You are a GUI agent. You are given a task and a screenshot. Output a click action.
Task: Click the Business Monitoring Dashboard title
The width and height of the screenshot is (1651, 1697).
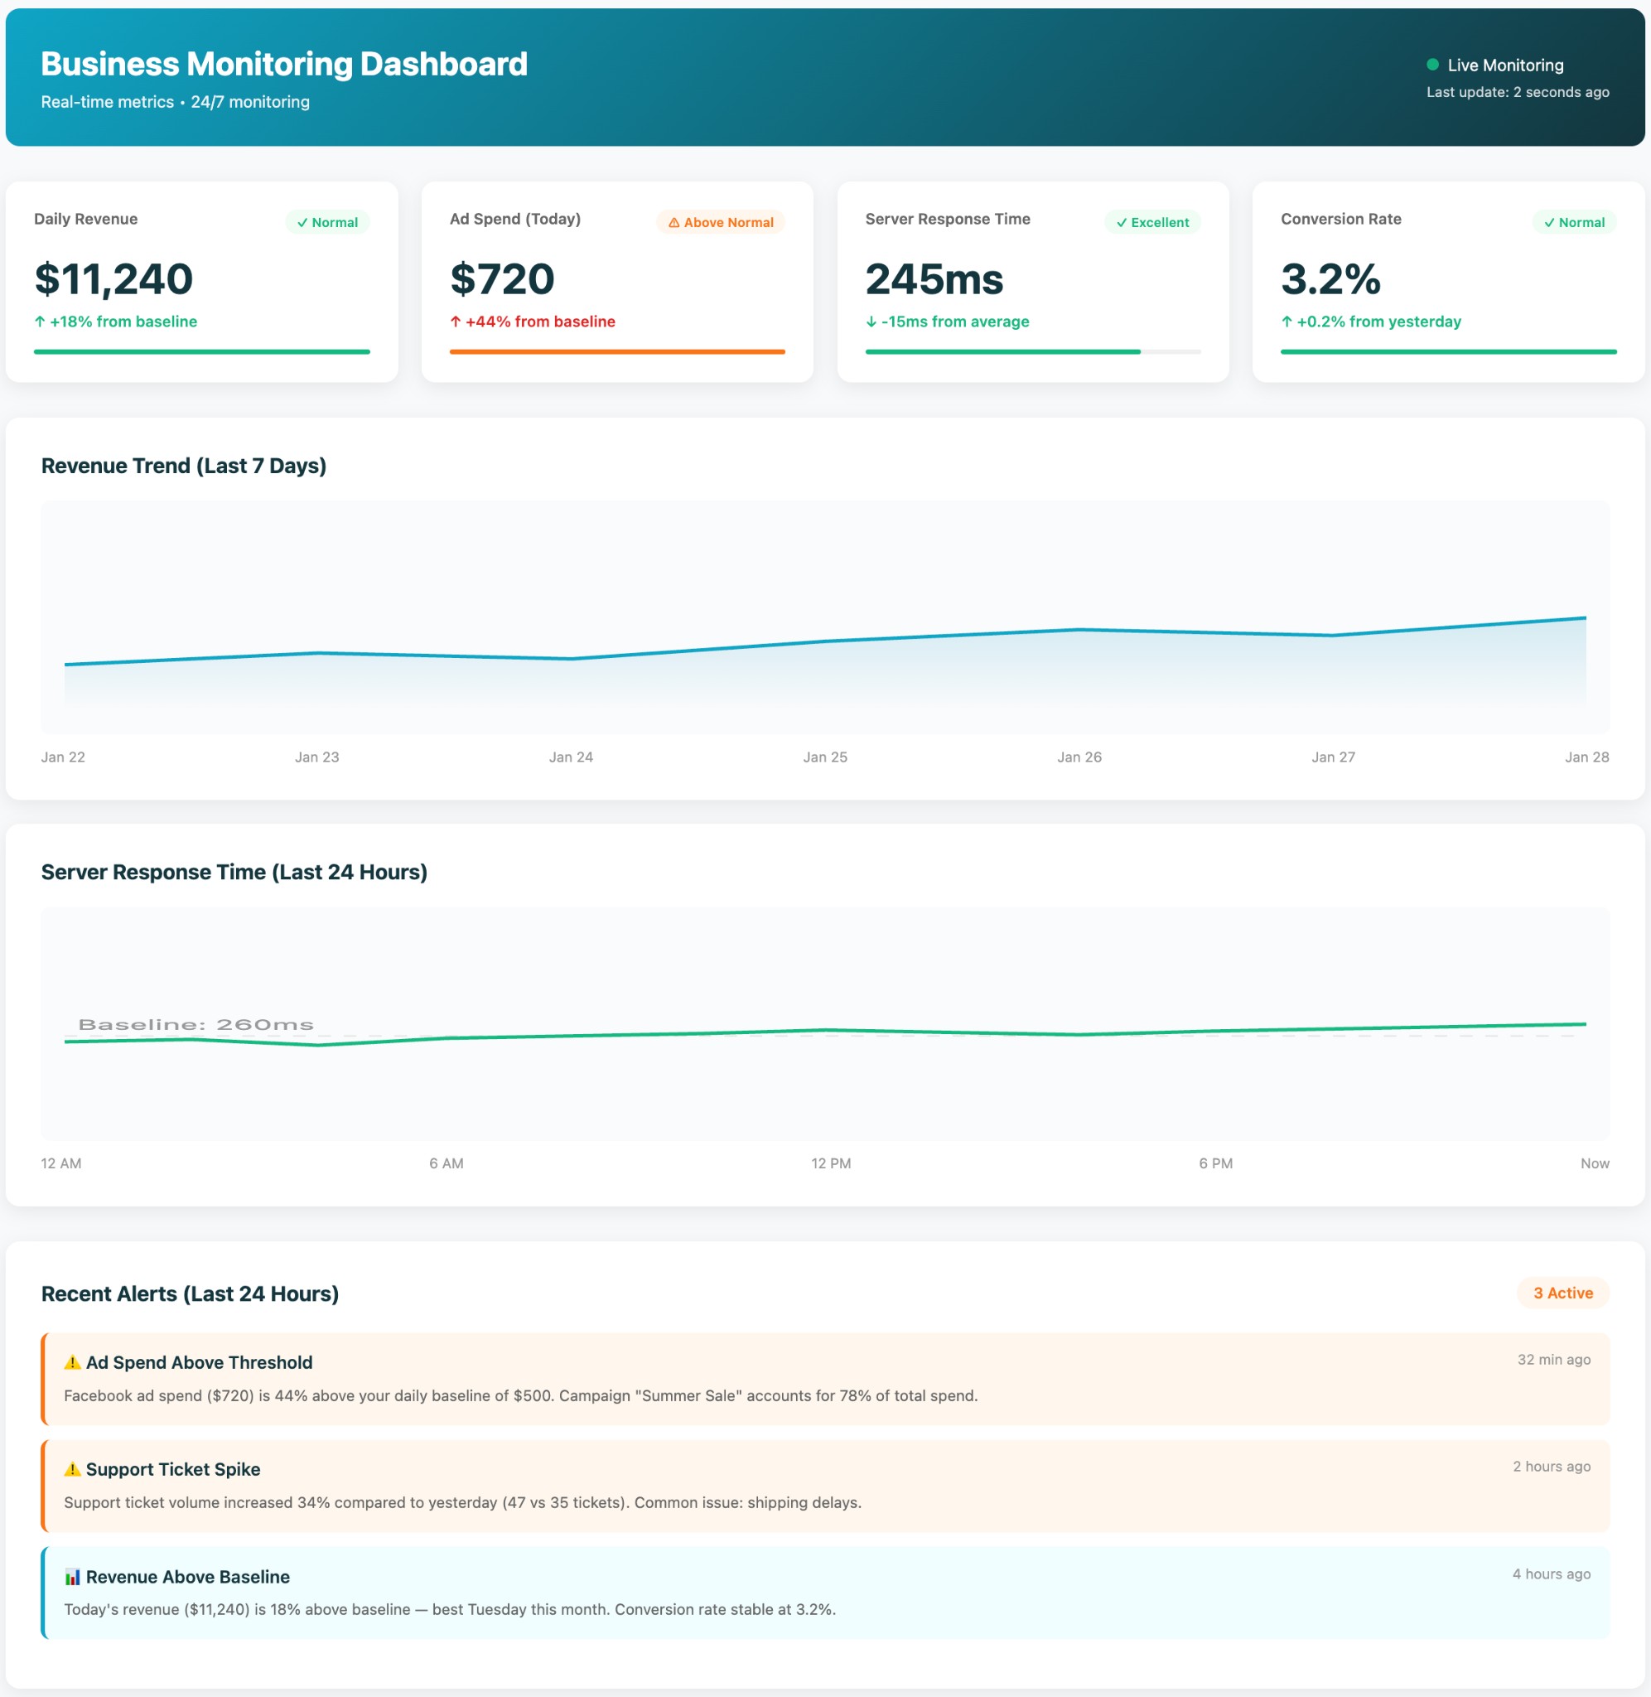[x=283, y=64]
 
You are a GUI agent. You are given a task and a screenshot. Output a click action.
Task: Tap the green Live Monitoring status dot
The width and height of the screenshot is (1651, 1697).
[x=1432, y=64]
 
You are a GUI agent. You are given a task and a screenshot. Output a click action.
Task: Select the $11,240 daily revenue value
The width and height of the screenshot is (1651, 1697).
[x=113, y=279]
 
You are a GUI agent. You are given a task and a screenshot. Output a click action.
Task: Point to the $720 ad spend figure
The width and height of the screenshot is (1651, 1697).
[x=502, y=279]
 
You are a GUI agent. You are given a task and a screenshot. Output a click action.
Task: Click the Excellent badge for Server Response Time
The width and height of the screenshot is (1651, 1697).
[x=1151, y=222]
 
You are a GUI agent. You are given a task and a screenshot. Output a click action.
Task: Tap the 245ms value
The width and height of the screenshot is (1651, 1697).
[x=934, y=279]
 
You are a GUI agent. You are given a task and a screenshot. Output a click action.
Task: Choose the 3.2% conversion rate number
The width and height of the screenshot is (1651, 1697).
[x=1330, y=279]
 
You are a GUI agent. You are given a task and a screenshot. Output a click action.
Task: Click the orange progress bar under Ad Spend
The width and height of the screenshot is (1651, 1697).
[x=616, y=351]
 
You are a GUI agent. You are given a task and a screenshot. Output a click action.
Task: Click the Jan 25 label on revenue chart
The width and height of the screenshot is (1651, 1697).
[x=824, y=757]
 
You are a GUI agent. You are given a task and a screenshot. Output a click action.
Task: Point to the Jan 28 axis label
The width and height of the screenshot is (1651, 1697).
[x=1586, y=757]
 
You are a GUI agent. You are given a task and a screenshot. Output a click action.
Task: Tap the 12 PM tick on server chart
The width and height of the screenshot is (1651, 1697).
[x=831, y=1163]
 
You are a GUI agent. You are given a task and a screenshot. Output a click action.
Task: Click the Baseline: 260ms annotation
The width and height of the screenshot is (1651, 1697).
[x=196, y=1024]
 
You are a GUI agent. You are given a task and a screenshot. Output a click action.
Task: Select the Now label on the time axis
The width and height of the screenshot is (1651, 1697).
[x=1594, y=1163]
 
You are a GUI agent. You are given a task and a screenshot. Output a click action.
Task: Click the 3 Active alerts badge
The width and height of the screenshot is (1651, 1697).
[x=1562, y=1293]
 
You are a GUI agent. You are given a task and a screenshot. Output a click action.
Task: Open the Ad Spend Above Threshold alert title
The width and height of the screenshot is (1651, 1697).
[x=199, y=1362]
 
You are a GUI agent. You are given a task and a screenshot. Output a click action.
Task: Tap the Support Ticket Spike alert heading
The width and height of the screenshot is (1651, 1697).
[x=172, y=1469]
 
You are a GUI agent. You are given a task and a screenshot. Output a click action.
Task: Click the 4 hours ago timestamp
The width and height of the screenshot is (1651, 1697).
[x=1551, y=1573]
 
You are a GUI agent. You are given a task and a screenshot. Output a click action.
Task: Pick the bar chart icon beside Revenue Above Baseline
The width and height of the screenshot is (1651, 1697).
[x=73, y=1577]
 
